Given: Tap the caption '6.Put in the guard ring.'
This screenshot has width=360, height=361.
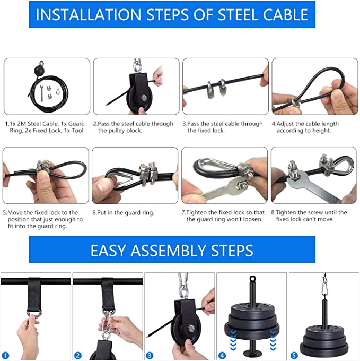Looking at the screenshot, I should coord(123,212).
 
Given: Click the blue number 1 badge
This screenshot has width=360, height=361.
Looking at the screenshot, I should coord(6,355).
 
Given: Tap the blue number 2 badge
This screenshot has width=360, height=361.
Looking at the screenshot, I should coord(78,355).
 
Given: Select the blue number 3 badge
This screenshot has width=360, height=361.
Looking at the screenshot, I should coord(150,355).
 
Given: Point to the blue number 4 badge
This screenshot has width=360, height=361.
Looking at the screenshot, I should coord(222,355).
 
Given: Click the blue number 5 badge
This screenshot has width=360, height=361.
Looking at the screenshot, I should coord(294,355).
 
